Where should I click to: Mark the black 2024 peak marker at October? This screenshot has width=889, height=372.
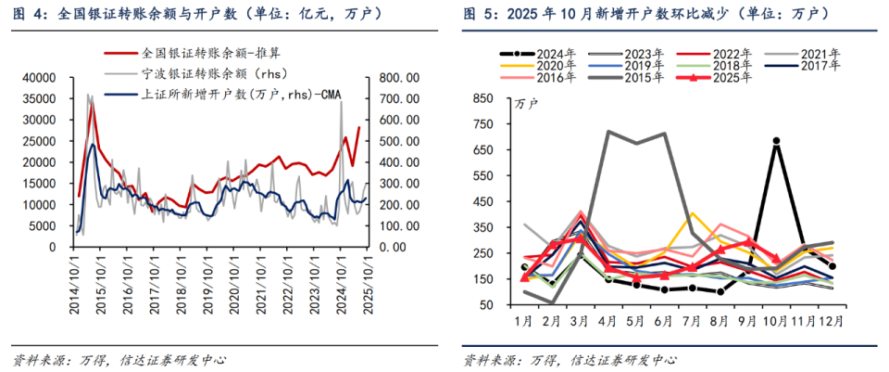(x=775, y=141)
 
